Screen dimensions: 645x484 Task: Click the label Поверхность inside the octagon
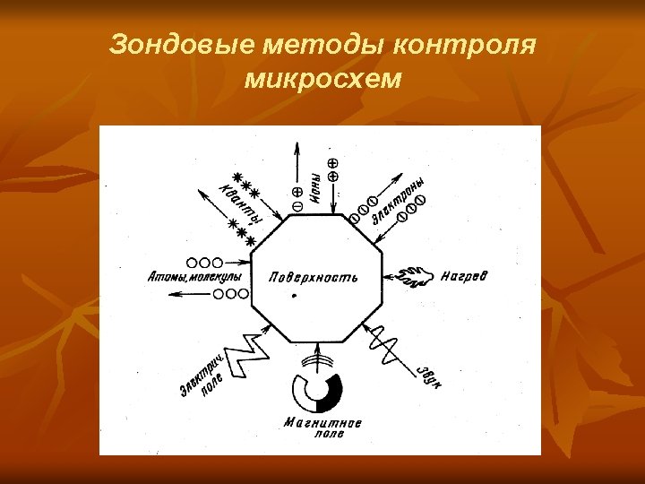pos(314,277)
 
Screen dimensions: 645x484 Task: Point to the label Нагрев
pos(465,275)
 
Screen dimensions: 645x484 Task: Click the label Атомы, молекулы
pos(194,278)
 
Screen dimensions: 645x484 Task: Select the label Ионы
pos(316,189)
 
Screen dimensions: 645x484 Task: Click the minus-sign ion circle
pos(297,206)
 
